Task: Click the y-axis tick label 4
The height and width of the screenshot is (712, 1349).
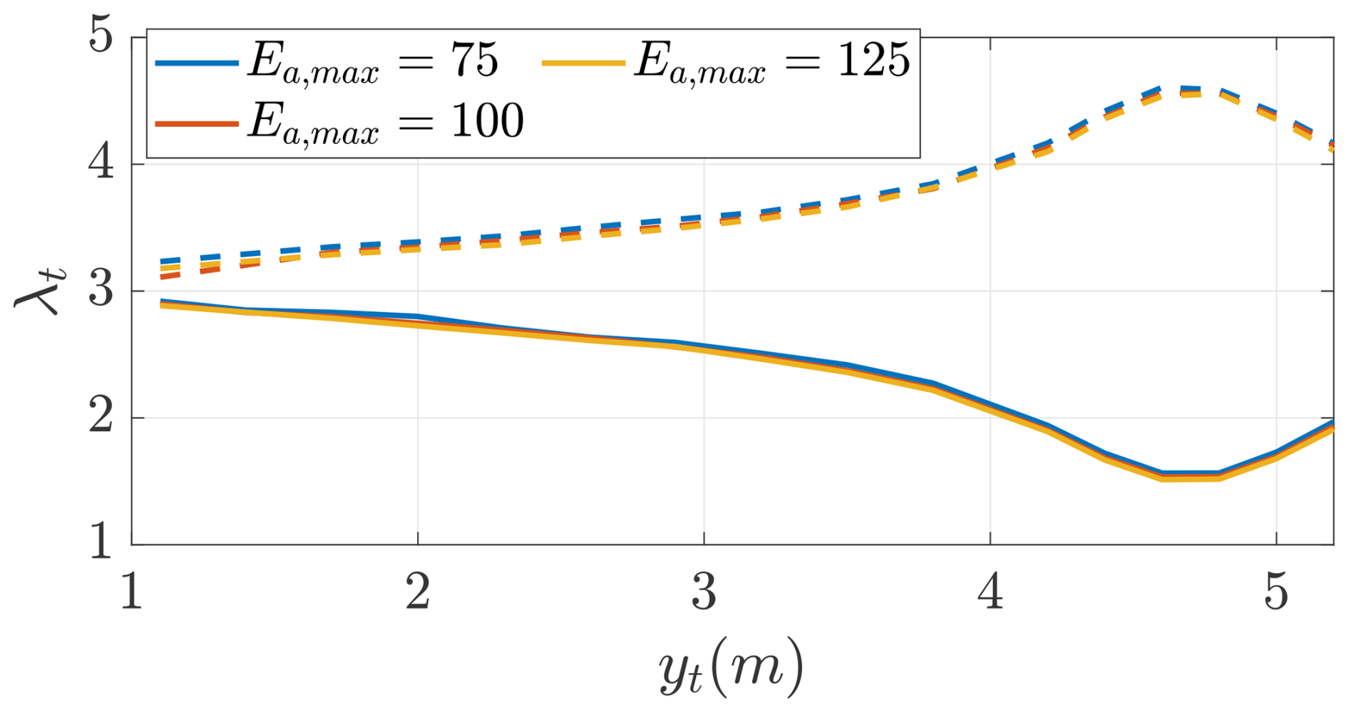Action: point(101,163)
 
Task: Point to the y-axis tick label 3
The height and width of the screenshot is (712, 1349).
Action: point(101,290)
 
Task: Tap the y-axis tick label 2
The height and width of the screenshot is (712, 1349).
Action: point(101,417)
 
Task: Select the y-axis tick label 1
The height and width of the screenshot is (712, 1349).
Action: point(101,542)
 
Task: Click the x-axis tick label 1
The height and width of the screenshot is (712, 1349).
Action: point(131,592)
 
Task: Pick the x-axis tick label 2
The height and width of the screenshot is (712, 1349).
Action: point(418,592)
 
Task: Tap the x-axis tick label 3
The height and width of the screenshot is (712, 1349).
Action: point(704,592)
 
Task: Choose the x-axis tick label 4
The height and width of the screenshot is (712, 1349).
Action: point(991,592)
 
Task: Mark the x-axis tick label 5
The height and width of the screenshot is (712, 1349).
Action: point(1276,592)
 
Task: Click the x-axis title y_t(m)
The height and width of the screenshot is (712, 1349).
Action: point(732,667)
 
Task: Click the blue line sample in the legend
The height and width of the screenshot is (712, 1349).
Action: point(197,63)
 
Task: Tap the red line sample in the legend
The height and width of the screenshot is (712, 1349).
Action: point(197,123)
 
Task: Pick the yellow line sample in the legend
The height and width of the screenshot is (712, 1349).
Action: point(583,63)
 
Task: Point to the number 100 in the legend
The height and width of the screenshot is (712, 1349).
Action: point(487,120)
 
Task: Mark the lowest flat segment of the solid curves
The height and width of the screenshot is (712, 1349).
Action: point(1191,475)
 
